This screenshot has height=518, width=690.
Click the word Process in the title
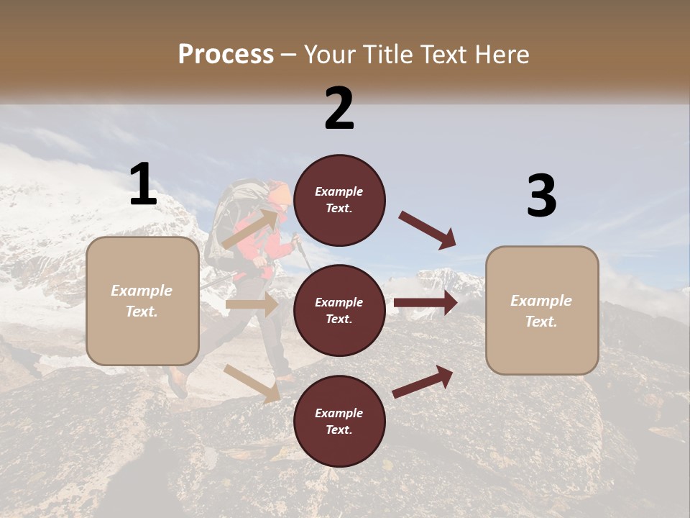[x=226, y=55]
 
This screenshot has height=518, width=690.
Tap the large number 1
[x=143, y=184]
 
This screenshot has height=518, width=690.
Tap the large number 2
[x=339, y=108]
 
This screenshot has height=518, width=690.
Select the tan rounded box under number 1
[x=142, y=301]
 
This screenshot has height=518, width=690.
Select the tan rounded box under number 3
[x=542, y=311]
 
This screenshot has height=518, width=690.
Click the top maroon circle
[x=339, y=200]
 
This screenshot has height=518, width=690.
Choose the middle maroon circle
[x=339, y=310]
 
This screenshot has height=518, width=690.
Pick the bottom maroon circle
[x=339, y=421]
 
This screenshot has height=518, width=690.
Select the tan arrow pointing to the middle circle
[x=252, y=304]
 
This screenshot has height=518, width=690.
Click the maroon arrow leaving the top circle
[x=428, y=230]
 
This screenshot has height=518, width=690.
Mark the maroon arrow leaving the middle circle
[x=425, y=303]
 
